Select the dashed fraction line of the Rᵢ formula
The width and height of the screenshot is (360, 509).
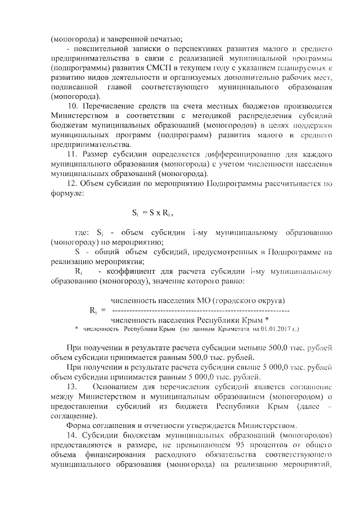[x=200, y=310]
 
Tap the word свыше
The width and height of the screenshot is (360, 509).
[x=228, y=368]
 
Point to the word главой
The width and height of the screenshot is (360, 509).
[x=118, y=87]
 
